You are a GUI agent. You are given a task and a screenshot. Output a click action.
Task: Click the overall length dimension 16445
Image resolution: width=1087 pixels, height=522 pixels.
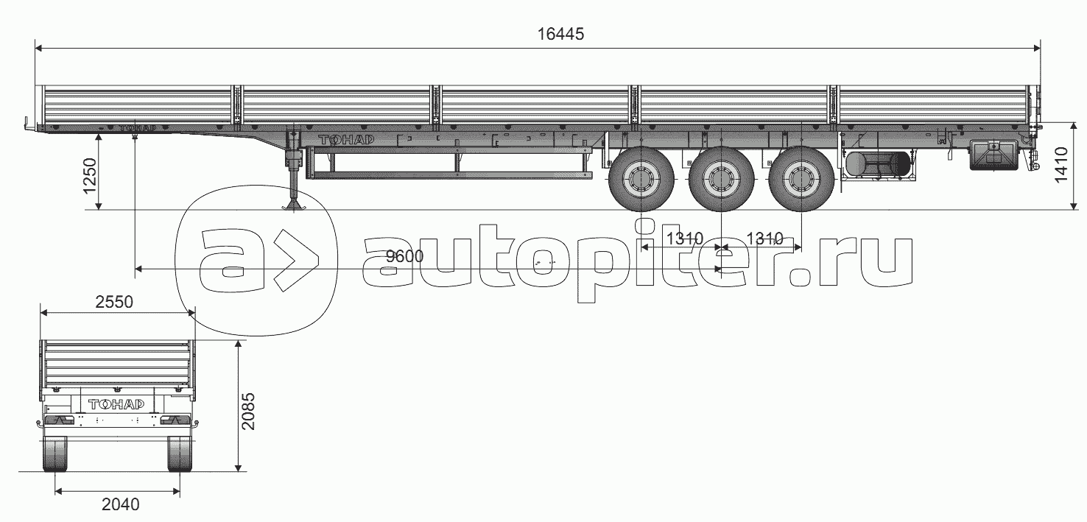(x=560, y=34)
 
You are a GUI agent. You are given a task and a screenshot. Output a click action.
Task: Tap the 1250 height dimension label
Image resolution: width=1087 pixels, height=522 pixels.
(x=91, y=176)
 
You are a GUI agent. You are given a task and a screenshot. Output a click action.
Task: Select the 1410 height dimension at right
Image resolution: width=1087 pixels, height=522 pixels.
(x=1061, y=165)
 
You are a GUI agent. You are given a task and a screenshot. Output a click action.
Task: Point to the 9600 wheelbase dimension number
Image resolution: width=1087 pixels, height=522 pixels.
(x=405, y=256)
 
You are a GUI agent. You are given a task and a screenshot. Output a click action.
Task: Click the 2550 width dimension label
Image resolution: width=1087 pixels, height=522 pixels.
(x=114, y=302)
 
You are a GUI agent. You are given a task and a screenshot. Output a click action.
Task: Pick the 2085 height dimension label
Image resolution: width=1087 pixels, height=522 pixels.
(x=247, y=412)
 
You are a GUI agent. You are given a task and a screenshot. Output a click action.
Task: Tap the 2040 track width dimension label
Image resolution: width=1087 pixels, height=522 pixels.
(x=120, y=504)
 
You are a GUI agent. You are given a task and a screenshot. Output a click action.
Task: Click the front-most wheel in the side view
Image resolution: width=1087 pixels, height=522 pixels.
(x=641, y=179)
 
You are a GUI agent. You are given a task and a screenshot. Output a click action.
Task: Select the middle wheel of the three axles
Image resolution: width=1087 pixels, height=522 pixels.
(x=721, y=179)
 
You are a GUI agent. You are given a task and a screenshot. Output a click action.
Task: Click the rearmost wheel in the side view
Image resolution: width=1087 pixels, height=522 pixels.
(x=801, y=179)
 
